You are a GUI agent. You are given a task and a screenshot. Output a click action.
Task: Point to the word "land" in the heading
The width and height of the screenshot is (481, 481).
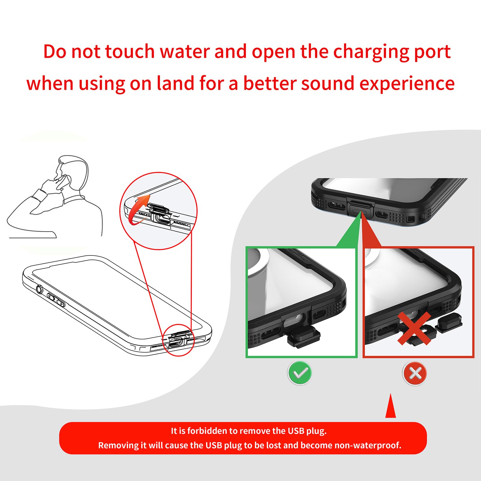click(x=175, y=83)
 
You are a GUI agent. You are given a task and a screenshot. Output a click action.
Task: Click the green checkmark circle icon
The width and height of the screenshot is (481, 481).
click(x=300, y=373)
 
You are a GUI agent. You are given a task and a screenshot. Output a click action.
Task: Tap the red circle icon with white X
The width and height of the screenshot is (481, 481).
click(x=415, y=373)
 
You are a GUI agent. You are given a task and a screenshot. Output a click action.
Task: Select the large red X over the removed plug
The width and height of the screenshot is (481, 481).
click(x=414, y=328)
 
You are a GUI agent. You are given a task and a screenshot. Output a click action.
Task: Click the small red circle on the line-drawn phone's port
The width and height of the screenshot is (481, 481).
click(x=179, y=340)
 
